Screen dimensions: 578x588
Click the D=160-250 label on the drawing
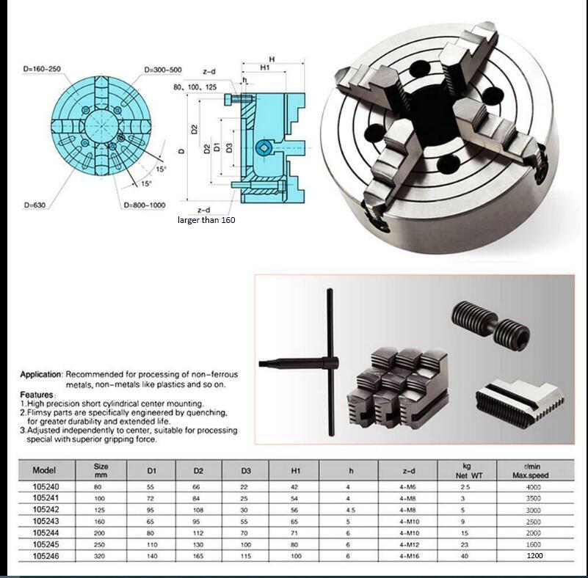point(41,68)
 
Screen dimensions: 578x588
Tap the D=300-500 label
point(162,69)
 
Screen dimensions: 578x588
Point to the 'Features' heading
point(36,395)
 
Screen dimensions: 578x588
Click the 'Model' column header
point(44,469)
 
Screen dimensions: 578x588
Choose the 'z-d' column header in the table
point(407,470)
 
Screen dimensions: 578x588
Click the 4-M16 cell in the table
point(407,556)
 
